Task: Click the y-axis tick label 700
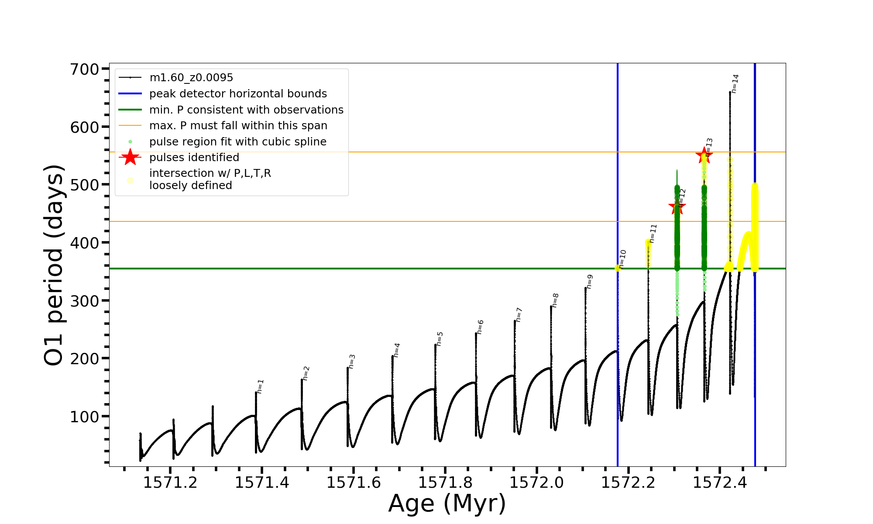pos(85,69)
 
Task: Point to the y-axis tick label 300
pos(85,301)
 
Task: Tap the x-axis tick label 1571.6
pos(354,483)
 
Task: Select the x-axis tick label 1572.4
pos(720,483)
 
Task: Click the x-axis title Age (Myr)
pos(447,503)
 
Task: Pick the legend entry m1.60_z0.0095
pos(191,78)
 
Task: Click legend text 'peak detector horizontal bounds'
pos(238,94)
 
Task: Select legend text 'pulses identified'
pos(194,158)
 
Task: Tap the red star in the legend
pos(130,157)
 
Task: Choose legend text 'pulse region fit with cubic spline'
pos(238,142)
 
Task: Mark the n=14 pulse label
pos(735,83)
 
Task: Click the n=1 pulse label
pos(260,386)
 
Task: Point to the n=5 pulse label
pos(440,339)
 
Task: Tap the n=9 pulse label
pos(589,282)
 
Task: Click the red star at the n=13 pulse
pos(704,155)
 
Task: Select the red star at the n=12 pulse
pos(677,207)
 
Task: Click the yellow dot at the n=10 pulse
pos(618,268)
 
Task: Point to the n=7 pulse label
pos(519,314)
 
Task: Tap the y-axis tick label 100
pos(85,417)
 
